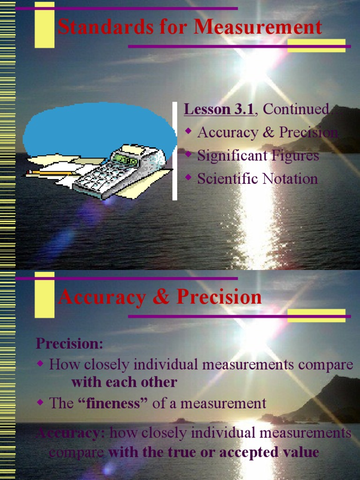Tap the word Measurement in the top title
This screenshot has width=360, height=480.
pos(258,27)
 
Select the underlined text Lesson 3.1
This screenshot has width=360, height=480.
pos(219,109)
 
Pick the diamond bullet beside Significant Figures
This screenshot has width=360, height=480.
pos(189,154)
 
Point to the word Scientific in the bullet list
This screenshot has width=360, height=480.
pos(226,179)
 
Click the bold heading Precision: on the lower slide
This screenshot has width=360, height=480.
pos(70,343)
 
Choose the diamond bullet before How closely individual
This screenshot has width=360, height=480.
pos(40,364)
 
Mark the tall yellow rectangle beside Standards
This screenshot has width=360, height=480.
pos(45,28)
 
